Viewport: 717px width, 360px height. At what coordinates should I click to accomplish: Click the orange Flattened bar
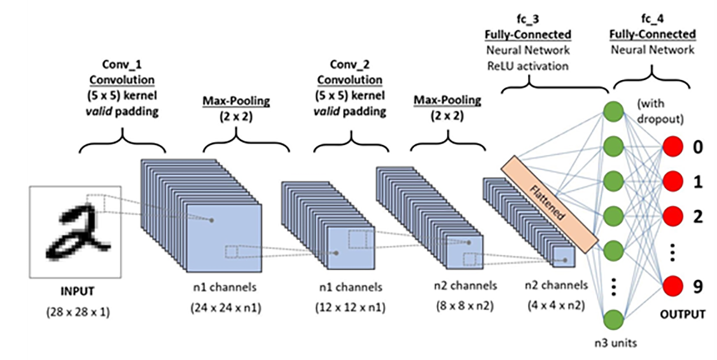coord(550,203)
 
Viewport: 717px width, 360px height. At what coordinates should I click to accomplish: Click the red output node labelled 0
coord(673,148)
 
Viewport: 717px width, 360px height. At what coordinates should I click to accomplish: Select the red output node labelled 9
coord(673,286)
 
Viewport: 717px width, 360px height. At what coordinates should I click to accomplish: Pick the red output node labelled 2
coord(673,216)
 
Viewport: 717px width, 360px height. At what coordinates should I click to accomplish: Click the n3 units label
coord(614,343)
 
